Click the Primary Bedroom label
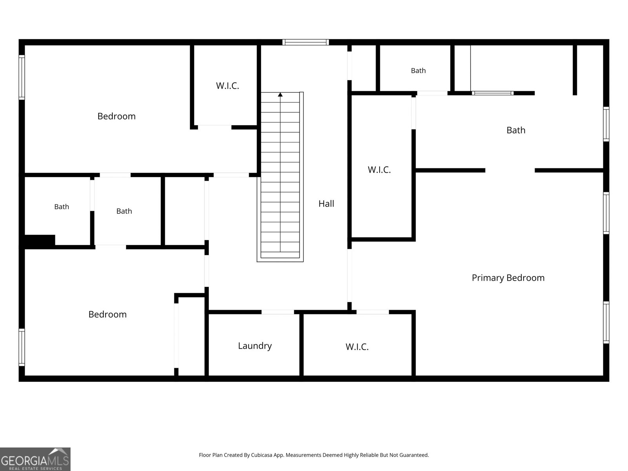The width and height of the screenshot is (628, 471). [x=508, y=278]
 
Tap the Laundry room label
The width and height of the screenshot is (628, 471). [x=255, y=346]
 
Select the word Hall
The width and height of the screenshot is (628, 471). [x=326, y=204]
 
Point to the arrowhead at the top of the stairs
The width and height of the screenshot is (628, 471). [x=280, y=95]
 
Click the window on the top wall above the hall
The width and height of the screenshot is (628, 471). [x=305, y=42]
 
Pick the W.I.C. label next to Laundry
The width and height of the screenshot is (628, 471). [x=357, y=347]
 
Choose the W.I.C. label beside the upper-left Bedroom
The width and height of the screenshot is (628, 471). [x=227, y=86]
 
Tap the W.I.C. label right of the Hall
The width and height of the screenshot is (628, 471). [x=379, y=170]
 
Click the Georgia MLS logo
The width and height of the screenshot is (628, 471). [x=35, y=459]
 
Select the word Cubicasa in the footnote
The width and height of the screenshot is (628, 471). [x=261, y=455]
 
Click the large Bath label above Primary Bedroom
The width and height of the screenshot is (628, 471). [x=516, y=130]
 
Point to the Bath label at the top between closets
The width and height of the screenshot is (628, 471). [x=418, y=71]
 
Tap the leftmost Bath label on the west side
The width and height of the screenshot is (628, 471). [x=62, y=207]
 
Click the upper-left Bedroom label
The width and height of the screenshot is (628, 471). [x=117, y=117]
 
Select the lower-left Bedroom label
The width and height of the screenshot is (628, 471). [x=107, y=314]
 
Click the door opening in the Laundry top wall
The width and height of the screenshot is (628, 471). [x=277, y=312]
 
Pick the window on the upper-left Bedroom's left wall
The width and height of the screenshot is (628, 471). [x=22, y=77]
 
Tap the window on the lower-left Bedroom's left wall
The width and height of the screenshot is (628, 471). [x=22, y=347]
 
